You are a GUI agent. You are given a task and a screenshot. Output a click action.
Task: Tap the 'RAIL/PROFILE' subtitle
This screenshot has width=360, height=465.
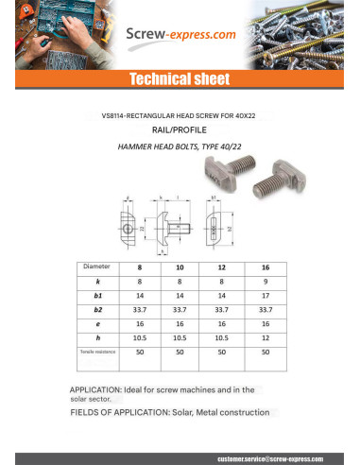[x=179, y=132]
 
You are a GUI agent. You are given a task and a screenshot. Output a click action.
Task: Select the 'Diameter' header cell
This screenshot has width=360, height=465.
[x=97, y=267]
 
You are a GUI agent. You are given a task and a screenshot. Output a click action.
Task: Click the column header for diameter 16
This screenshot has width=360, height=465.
[x=266, y=267]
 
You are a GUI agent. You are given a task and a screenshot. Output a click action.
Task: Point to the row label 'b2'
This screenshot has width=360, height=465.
[x=97, y=309]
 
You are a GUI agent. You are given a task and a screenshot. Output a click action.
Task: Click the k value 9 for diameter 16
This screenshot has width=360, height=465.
[x=266, y=282]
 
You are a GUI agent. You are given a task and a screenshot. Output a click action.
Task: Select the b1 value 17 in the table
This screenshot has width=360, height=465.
[x=266, y=296]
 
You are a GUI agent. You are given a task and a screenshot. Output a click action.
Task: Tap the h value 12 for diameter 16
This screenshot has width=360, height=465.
[x=266, y=337]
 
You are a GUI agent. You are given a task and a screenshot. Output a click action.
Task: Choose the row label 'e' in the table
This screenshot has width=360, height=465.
[x=97, y=323]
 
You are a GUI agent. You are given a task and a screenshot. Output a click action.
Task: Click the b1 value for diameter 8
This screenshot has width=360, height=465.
[x=139, y=296]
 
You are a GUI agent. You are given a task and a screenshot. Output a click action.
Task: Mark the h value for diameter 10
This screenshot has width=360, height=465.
[x=180, y=337]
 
